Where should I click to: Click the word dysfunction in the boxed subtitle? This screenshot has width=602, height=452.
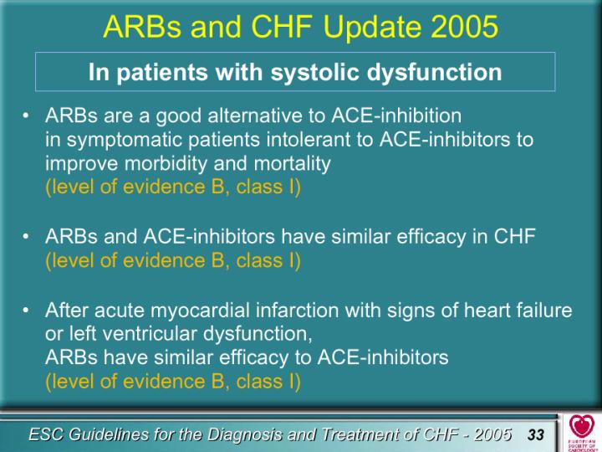(x=434, y=72)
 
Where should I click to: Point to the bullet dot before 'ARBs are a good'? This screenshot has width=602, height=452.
(x=25, y=116)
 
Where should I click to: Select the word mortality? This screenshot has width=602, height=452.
(x=292, y=164)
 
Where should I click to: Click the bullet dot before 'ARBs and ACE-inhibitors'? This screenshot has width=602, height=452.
(x=25, y=237)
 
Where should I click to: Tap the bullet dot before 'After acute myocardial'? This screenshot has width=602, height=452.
(x=25, y=311)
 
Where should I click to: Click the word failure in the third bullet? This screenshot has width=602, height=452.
(x=544, y=311)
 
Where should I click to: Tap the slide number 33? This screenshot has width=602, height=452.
(x=536, y=434)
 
